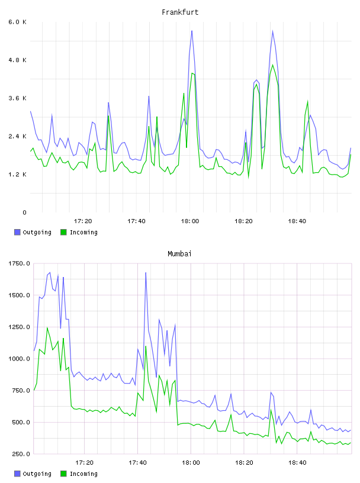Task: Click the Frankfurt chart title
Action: pyautogui.click(x=180, y=12)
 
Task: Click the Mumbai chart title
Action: pyautogui.click(x=179, y=254)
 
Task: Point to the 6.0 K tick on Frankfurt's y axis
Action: pyautogui.click(x=18, y=22)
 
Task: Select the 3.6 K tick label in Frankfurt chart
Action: pyautogui.click(x=18, y=98)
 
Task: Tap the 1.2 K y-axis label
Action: pyautogui.click(x=18, y=175)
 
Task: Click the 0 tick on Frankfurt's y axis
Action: pyautogui.click(x=24, y=212)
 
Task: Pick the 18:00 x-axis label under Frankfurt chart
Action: pyautogui.click(x=190, y=221)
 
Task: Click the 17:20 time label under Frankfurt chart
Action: pyautogui.click(x=83, y=221)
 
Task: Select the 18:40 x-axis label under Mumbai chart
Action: pyautogui.click(x=297, y=463)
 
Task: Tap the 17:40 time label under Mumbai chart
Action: pyautogui.click(x=137, y=463)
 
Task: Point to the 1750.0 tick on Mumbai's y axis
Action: pyautogui.click(x=19, y=263)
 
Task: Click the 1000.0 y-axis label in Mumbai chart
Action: pyautogui.click(x=19, y=359)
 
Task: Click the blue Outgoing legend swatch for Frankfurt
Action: pyautogui.click(x=17, y=232)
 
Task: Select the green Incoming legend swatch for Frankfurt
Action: pyautogui.click(x=63, y=232)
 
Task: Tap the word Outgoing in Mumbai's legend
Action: pyautogui.click(x=37, y=474)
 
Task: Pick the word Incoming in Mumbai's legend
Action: pyautogui.click(x=83, y=474)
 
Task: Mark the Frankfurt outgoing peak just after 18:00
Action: pyautogui.click(x=192, y=31)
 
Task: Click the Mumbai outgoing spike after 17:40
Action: pyautogui.click(x=146, y=273)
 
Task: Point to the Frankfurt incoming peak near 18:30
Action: pyautogui.click(x=273, y=65)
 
